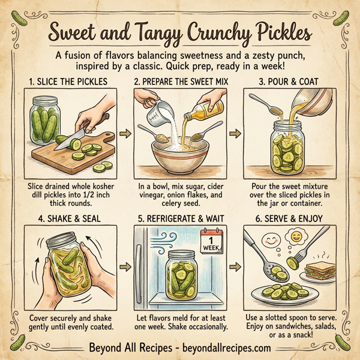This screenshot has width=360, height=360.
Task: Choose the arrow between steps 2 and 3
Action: click(x=234, y=130)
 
